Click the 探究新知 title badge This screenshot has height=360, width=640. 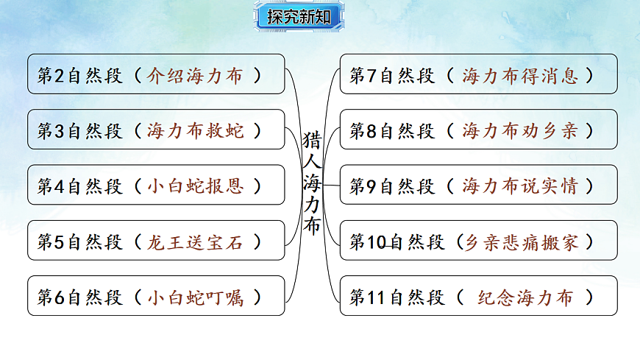point(299,17)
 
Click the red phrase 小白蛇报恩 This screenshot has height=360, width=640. point(194,186)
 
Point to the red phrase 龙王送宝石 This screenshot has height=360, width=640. point(194,241)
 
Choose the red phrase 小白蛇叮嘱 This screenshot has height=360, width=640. point(194,297)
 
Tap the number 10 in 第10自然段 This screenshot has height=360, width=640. point(377,241)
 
